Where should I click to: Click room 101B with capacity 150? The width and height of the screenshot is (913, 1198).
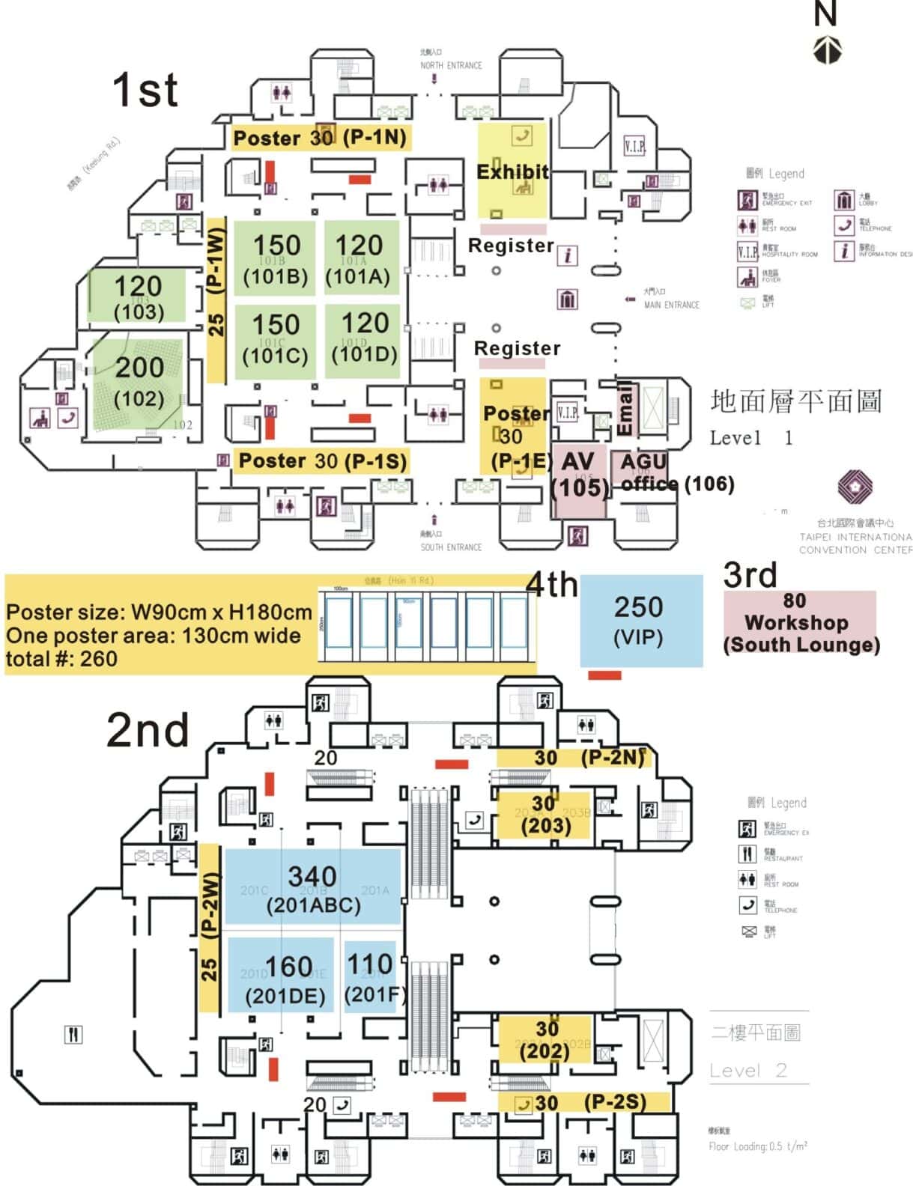275,259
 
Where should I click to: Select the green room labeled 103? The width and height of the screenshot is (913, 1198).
138,296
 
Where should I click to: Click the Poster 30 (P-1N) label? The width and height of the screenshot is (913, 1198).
320,138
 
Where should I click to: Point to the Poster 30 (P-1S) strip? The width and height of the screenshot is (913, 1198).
322,460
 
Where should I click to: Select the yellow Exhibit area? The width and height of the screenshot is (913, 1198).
513,172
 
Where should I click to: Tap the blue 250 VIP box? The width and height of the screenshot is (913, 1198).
640,620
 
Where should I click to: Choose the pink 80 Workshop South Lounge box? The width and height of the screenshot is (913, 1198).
799,623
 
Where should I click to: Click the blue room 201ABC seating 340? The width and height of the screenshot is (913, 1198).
312,888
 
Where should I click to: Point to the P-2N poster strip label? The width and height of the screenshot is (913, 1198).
612,758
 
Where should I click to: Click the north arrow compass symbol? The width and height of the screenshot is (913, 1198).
827,50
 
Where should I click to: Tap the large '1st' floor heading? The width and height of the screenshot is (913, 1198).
145,91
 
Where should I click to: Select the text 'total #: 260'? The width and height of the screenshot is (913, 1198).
61,659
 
